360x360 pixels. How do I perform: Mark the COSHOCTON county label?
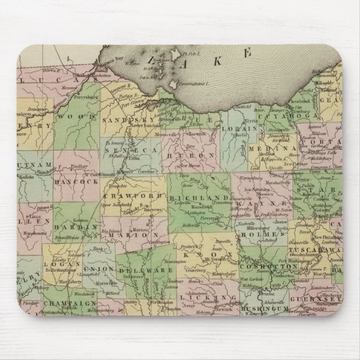(x=263, y=267)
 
